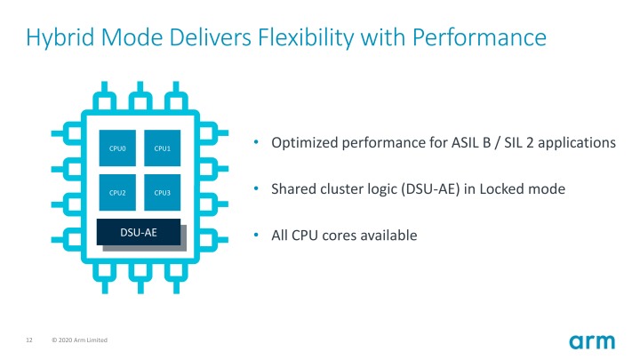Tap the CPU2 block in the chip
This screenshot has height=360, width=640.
[x=117, y=192]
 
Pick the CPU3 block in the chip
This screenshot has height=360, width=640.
[x=161, y=192]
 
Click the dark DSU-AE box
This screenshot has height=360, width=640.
[x=139, y=232]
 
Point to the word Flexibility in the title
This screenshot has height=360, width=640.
[x=305, y=38]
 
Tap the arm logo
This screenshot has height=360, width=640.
[x=591, y=341]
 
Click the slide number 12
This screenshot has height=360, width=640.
[x=29, y=341]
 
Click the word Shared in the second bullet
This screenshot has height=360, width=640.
[x=292, y=189]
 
